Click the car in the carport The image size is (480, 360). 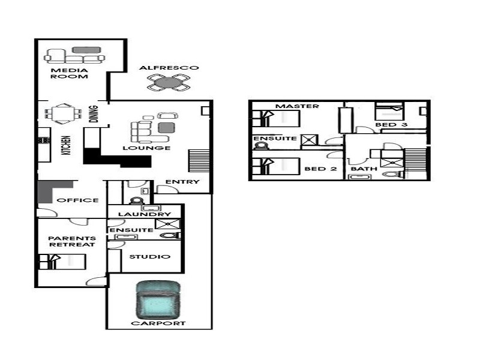coord(158,301)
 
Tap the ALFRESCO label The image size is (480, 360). coord(169,68)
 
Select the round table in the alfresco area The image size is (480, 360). coord(169,83)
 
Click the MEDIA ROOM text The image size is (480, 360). coord(69,73)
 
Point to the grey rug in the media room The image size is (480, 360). coord(86,50)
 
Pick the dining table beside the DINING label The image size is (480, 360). coord(63,114)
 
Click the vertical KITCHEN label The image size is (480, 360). coord(67,145)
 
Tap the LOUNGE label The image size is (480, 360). coord(146,148)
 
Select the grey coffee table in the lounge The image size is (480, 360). coord(167,128)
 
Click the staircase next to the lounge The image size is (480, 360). coord(199,160)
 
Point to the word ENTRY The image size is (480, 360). coord(182,182)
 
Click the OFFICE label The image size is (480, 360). coord(78,200)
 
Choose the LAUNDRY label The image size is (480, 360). coord(145,214)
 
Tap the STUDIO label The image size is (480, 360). coord(149,257)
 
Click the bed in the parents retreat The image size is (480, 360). coord(62,262)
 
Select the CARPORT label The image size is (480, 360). coord(158,323)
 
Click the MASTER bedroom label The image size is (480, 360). coord(297,106)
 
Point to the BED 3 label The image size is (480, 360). coord(391,125)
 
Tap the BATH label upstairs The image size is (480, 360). coord(364,169)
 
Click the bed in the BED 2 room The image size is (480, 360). coord(275,166)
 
